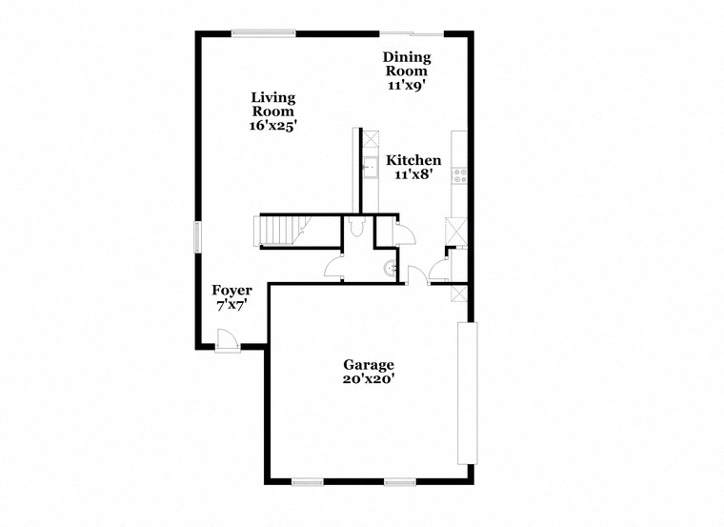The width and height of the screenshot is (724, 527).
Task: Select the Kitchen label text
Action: point(413,160)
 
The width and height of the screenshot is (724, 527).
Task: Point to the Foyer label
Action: point(231,290)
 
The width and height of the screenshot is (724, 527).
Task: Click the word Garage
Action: point(368,364)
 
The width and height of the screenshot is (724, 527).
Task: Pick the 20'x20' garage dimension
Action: point(368,378)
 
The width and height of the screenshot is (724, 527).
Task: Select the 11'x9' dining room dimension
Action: point(405,85)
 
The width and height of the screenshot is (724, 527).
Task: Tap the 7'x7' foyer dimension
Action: point(231,306)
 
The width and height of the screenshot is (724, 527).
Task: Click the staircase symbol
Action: point(280,231)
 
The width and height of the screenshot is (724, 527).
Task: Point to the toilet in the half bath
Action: point(357,229)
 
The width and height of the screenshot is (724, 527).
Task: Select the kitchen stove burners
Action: point(459,175)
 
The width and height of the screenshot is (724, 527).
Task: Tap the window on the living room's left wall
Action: point(198,236)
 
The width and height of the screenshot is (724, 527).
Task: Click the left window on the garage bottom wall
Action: point(308,482)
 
